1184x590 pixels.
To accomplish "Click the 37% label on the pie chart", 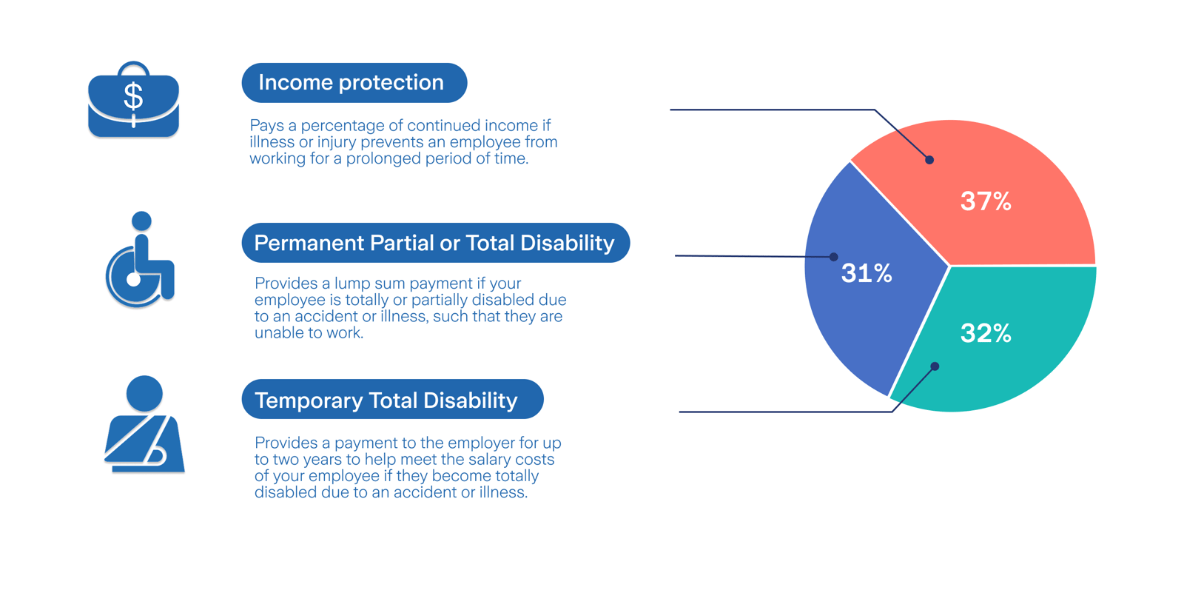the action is pyautogui.click(x=986, y=201).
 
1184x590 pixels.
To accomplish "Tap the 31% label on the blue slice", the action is pyautogui.click(x=867, y=273).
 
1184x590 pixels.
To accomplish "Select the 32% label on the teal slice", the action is pyautogui.click(x=986, y=333).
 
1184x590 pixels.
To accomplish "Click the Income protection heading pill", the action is pyautogui.click(x=354, y=83).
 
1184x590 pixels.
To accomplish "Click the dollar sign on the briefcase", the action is pyautogui.click(x=133, y=96).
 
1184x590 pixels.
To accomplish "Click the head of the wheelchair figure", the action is pyautogui.click(x=141, y=221).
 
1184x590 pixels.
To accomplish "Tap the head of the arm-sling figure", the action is pyautogui.click(x=144, y=393).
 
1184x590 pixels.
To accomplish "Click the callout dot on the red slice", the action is pyautogui.click(x=929, y=160).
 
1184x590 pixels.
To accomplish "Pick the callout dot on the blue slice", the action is pyautogui.click(x=833, y=257).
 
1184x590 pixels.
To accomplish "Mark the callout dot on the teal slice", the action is pyautogui.click(x=935, y=366).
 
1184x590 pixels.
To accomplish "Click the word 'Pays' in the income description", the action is pyautogui.click(x=266, y=126).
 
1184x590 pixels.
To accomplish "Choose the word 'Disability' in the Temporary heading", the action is pyautogui.click(x=471, y=400).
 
